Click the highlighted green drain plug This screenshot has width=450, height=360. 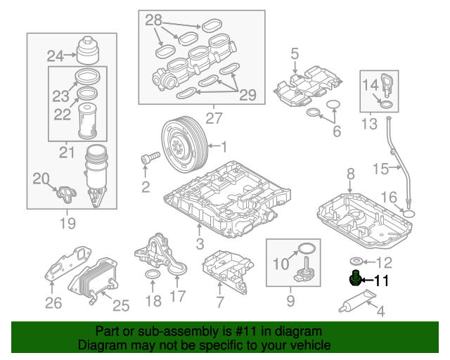356,279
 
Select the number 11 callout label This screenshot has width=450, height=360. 380,281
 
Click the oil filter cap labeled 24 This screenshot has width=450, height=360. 88,50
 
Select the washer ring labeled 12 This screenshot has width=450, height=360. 356,262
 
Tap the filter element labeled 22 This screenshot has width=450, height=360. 88,120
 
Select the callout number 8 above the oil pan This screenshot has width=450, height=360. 349,173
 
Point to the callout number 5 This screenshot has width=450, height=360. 295,52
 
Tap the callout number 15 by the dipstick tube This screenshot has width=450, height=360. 380,169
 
